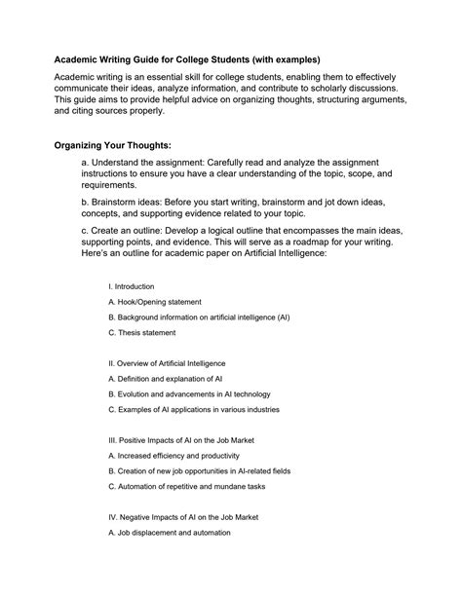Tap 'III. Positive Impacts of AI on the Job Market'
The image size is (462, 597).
[x=195, y=440]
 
